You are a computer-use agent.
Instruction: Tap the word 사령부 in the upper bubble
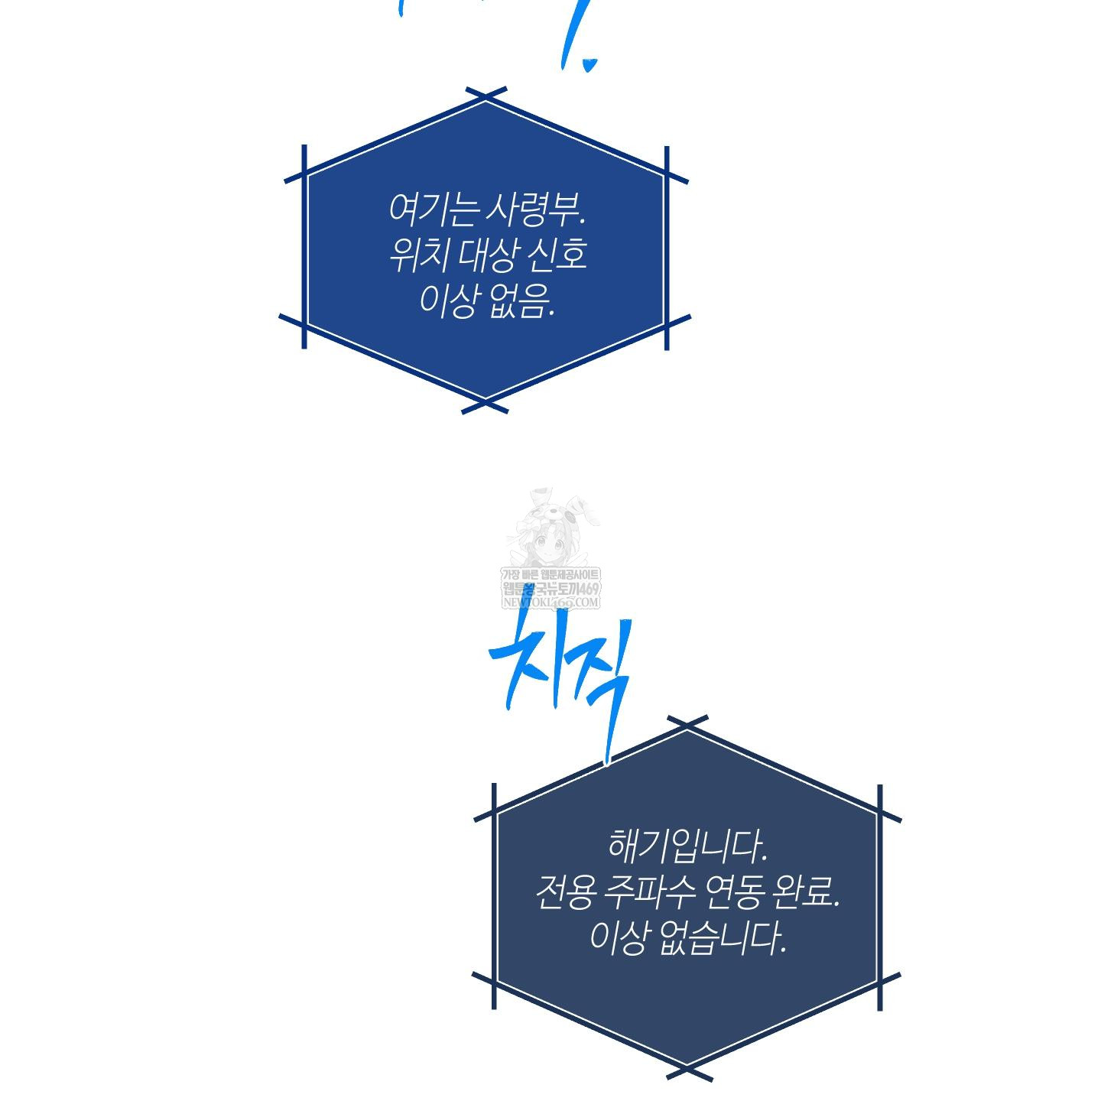534,209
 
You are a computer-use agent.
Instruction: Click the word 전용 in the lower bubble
564,892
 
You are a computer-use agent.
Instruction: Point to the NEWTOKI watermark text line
550,602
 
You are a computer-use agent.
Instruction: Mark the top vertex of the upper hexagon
486,98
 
